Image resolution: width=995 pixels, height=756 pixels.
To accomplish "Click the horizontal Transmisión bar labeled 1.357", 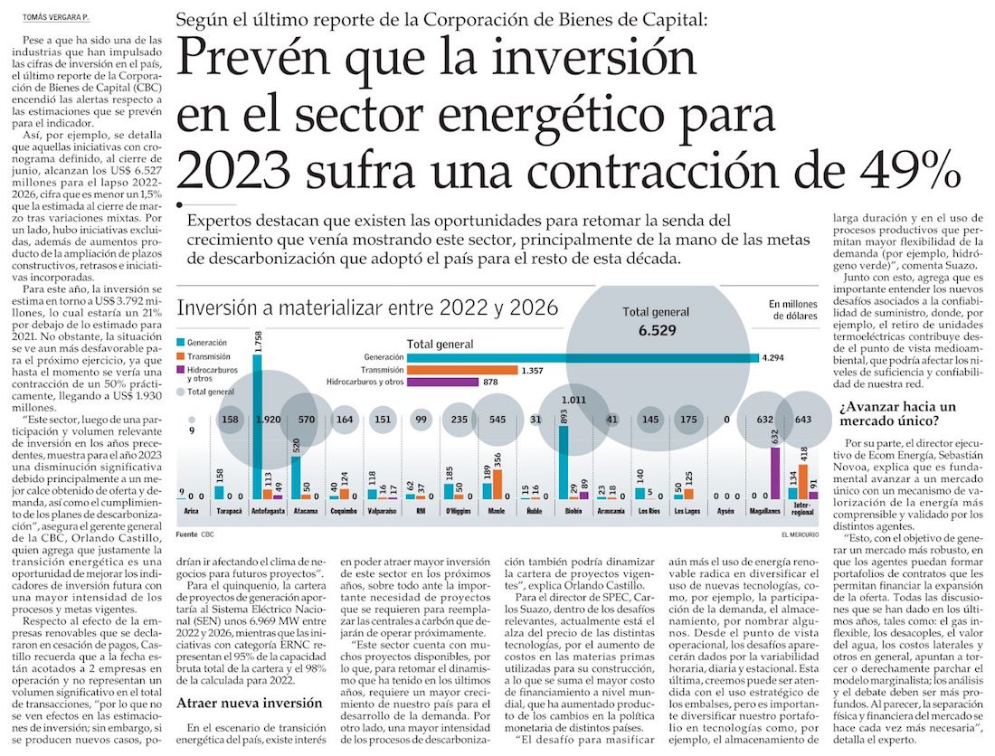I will [x=462, y=370].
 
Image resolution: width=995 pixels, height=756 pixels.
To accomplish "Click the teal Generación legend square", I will [x=183, y=343].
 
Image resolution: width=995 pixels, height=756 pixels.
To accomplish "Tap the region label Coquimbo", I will [x=343, y=510].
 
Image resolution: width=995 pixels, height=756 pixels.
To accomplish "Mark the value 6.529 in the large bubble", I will [x=657, y=331].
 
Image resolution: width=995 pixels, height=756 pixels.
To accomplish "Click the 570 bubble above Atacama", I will [x=307, y=420].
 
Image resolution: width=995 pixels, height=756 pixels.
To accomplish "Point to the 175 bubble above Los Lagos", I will [x=689, y=420].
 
